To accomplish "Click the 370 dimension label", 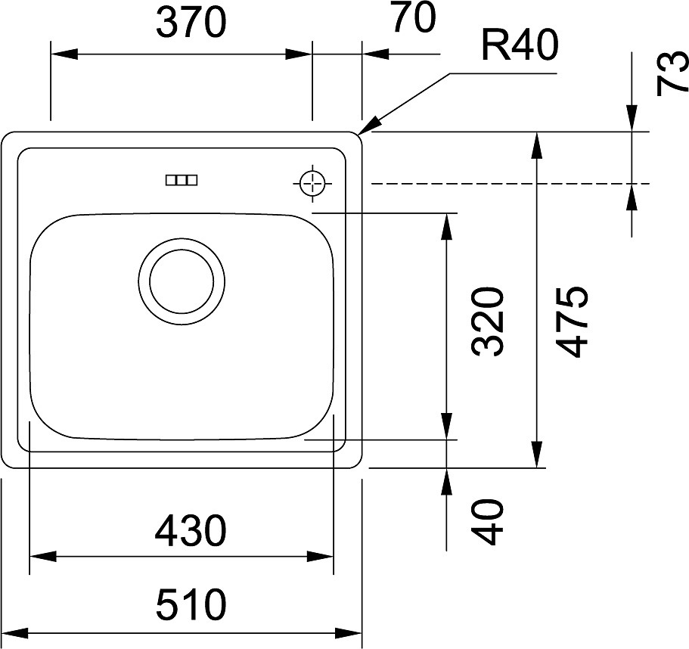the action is click(x=191, y=23).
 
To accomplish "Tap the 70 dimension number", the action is click(x=414, y=17).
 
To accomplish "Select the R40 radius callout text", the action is click(x=520, y=45).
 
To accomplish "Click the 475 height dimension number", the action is click(x=571, y=321).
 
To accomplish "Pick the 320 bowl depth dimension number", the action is click(x=486, y=321).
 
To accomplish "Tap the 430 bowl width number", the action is click(x=191, y=531).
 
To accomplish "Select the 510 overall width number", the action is click(x=191, y=605).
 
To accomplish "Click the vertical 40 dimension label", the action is click(x=486, y=522).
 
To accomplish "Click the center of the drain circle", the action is click(x=182, y=281).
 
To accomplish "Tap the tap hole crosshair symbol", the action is click(x=312, y=183).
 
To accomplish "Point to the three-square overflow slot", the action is click(x=182, y=180).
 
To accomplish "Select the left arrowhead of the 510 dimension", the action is click(x=14, y=633).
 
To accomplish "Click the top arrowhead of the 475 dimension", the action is click(x=536, y=145).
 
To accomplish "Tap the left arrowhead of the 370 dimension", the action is click(x=64, y=54).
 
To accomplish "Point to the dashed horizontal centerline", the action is click(x=511, y=183).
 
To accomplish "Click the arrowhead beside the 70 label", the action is click(x=375, y=54).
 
